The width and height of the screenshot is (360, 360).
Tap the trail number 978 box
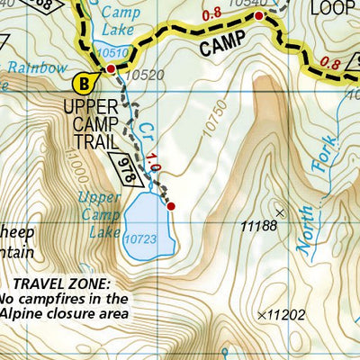click(x=131, y=167)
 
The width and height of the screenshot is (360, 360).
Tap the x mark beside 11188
click(x=280, y=212)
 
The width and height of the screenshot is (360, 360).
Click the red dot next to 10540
click(x=259, y=16)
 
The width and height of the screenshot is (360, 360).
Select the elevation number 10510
click(x=112, y=52)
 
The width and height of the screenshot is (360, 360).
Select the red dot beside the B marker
click(x=111, y=67)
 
